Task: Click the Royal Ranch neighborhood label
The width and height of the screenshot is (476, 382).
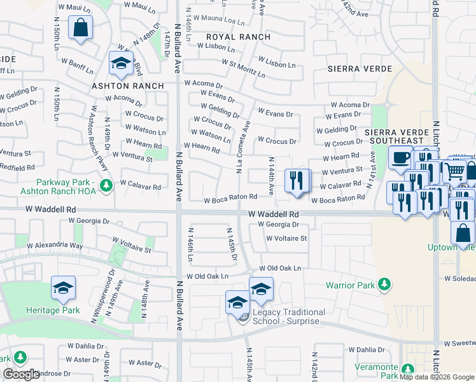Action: pyautogui.click(x=239, y=37)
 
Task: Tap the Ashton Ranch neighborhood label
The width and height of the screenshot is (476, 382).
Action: pyautogui.click(x=128, y=86)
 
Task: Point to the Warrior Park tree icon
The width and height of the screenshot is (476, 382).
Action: pyautogui.click(x=384, y=285)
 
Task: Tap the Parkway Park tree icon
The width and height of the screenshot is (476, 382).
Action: pyautogui.click(x=107, y=185)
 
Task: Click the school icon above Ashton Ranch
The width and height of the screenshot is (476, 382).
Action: pyautogui.click(x=120, y=62)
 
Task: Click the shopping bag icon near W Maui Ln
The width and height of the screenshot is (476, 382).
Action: pyautogui.click(x=81, y=27)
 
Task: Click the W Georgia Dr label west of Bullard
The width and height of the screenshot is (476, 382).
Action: pyautogui.click(x=89, y=221)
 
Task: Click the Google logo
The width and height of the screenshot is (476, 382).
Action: pyautogui.click(x=22, y=374)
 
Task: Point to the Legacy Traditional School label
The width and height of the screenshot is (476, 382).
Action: pyautogui.click(x=289, y=316)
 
